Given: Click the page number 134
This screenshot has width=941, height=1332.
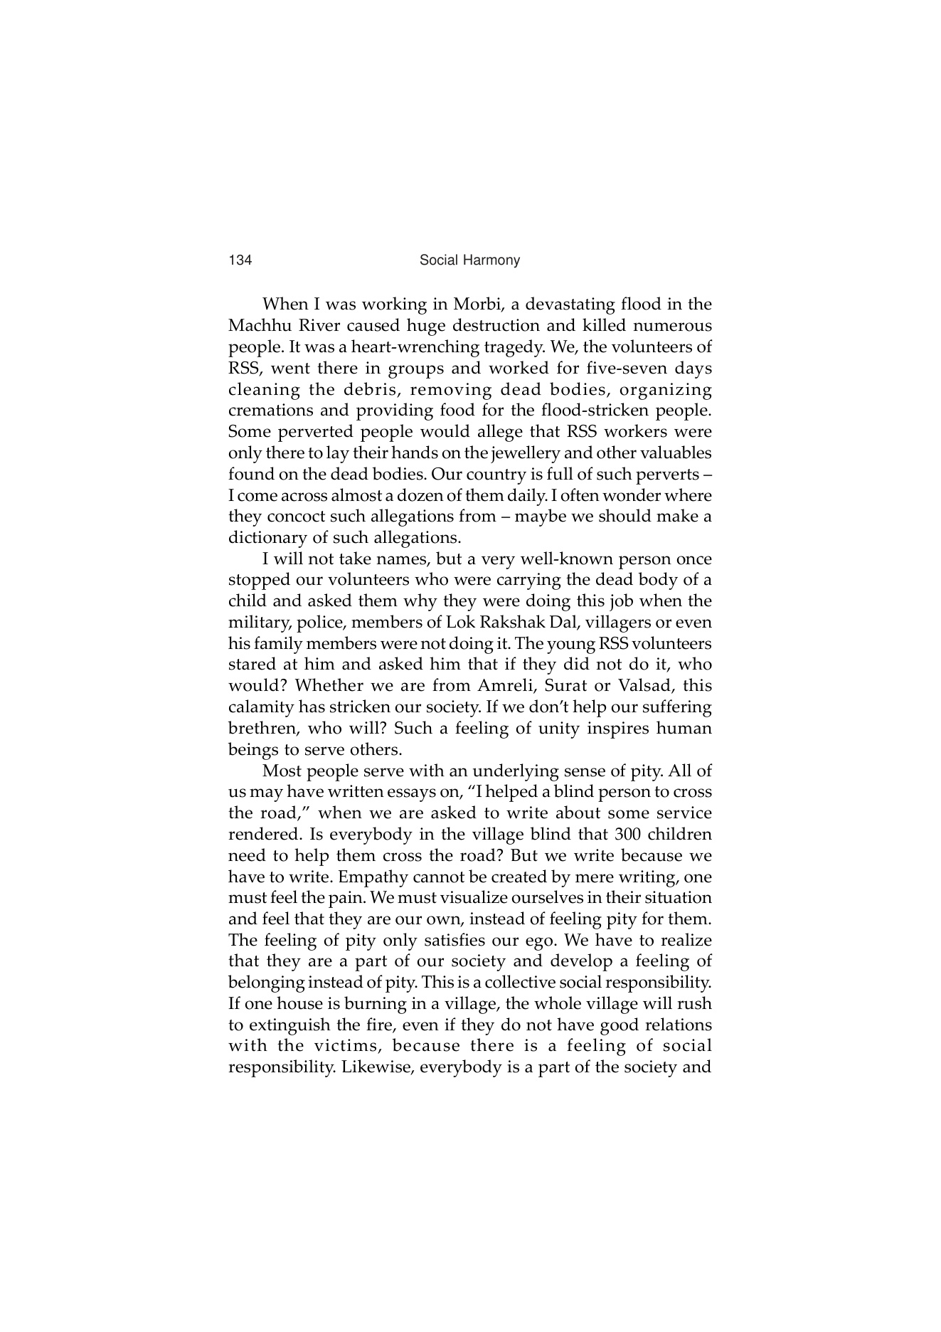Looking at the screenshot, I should (240, 260).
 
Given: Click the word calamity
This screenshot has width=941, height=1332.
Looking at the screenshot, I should (261, 707).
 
